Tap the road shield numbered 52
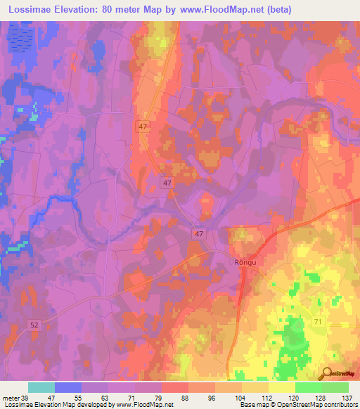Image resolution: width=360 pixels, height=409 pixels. [x=34, y=324]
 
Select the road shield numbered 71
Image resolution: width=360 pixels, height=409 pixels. [x=317, y=321]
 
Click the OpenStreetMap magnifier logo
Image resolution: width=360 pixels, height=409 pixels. [x=326, y=373]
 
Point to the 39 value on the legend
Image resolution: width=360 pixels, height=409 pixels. [x=28, y=398]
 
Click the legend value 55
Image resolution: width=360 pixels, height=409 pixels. [x=82, y=398]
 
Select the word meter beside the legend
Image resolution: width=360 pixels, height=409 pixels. [x=12, y=398]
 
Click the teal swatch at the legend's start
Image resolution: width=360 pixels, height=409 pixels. [x=41, y=387]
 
